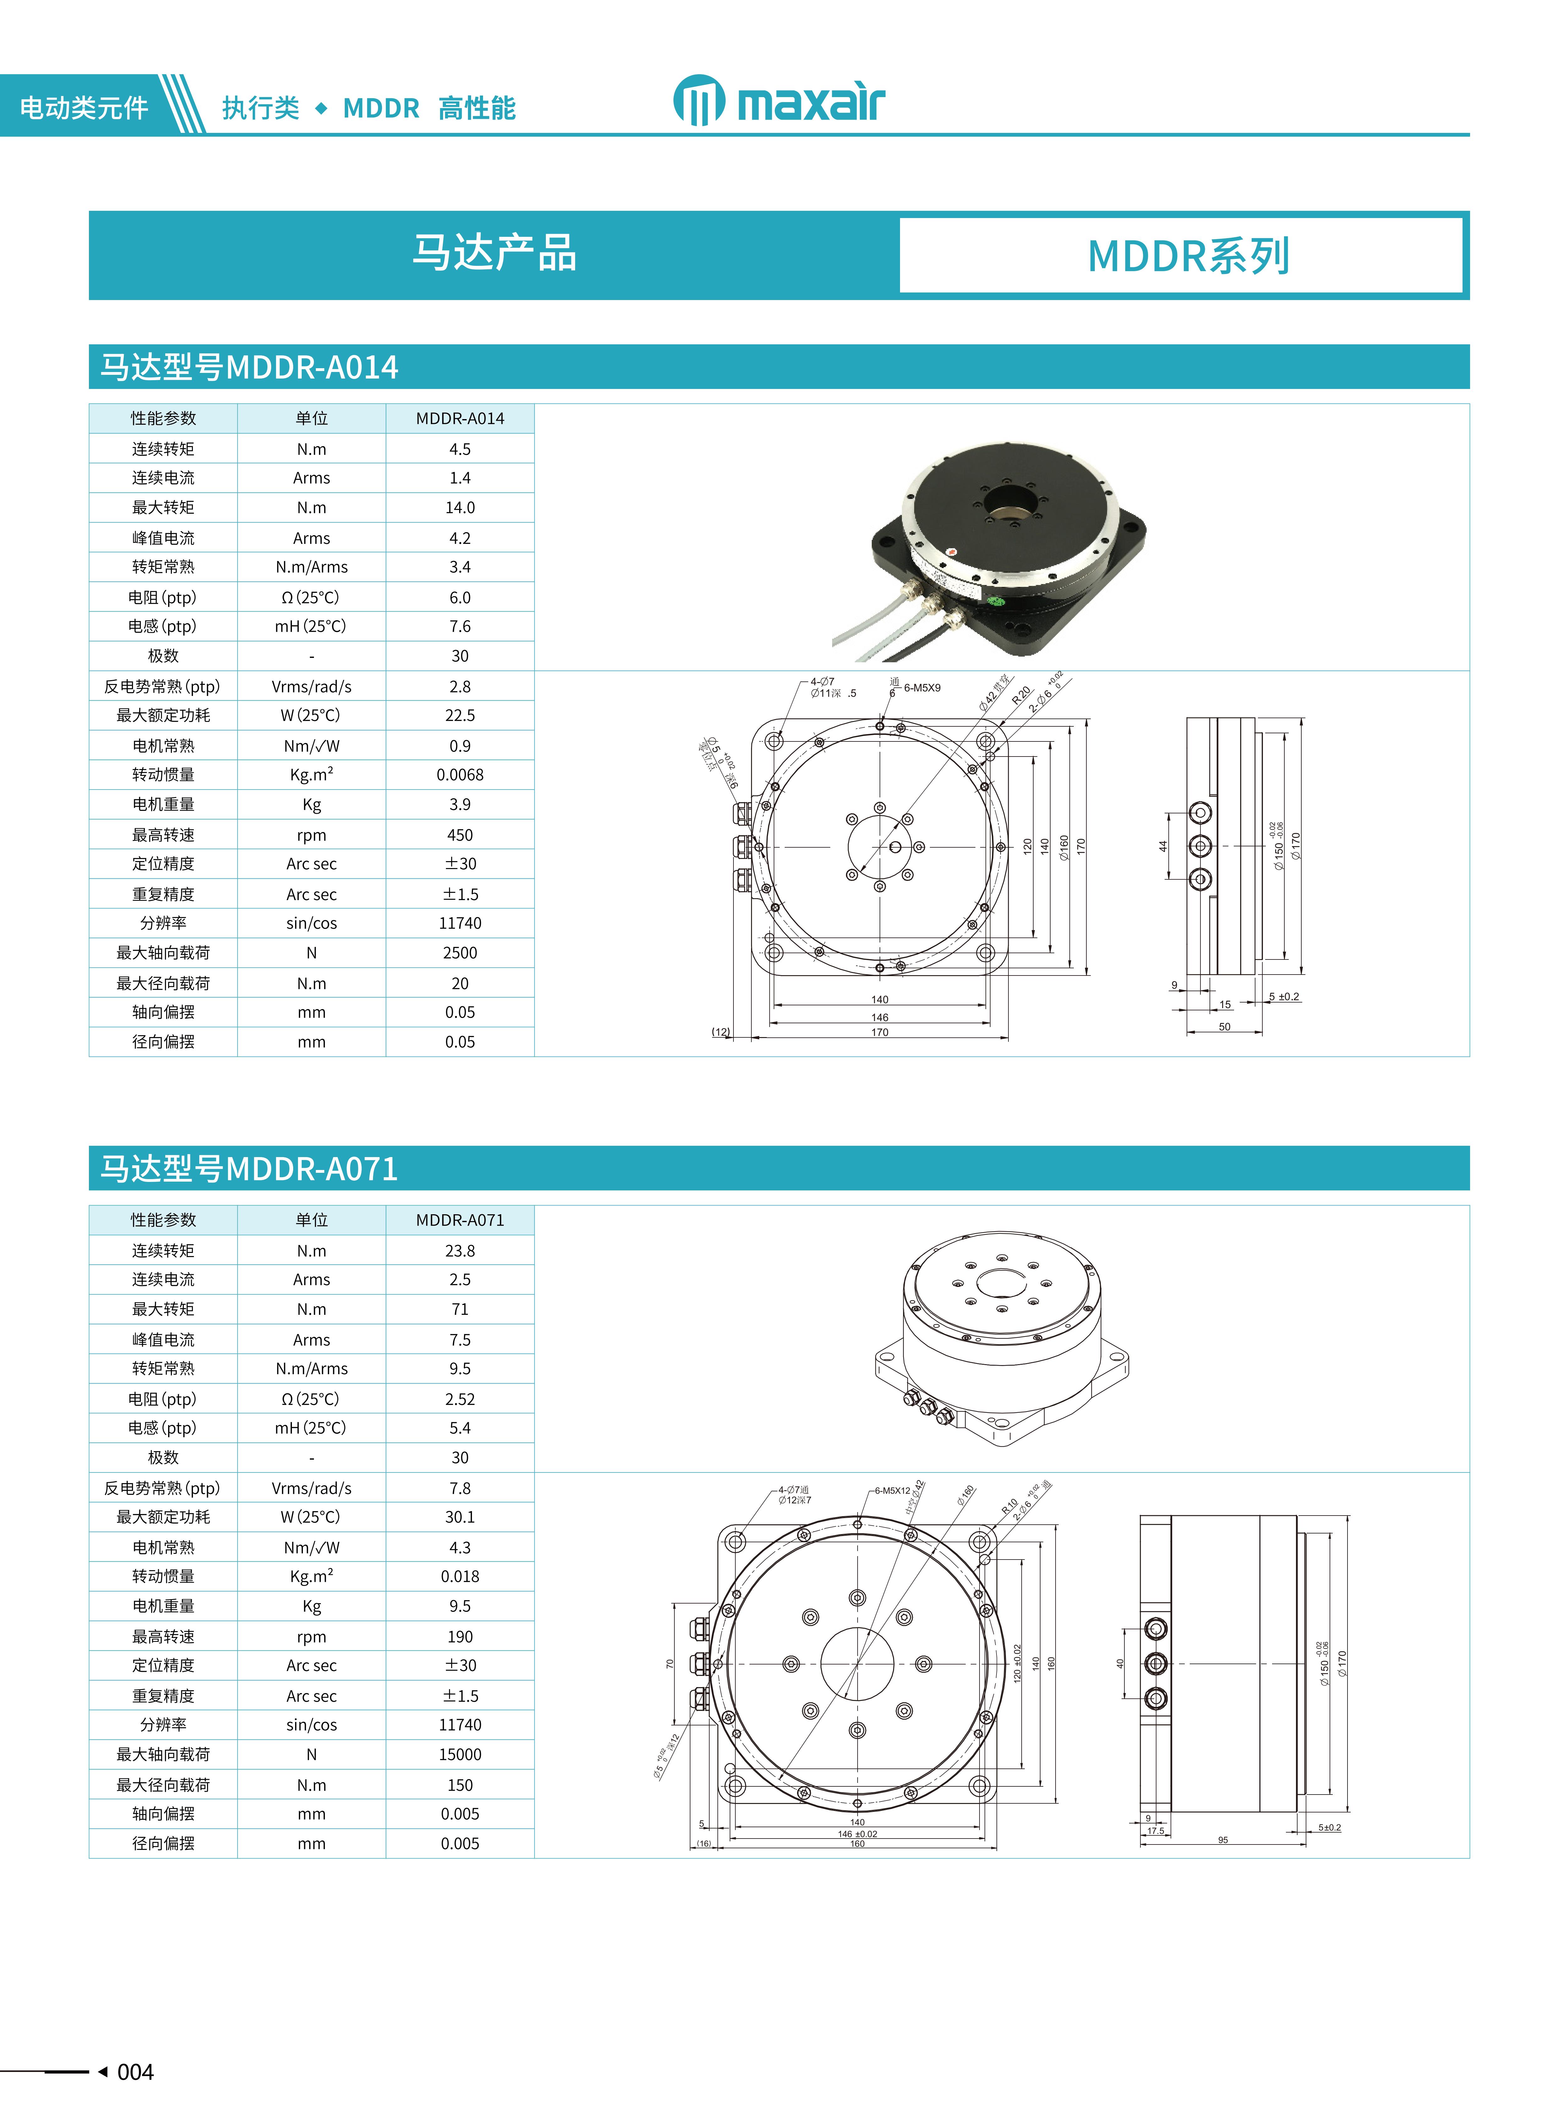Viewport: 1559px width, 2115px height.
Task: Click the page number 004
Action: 135,2072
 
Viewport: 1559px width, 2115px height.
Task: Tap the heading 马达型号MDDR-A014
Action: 249,367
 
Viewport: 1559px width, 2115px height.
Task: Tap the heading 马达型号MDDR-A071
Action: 249,1169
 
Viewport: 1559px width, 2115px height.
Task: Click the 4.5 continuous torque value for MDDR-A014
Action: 459,449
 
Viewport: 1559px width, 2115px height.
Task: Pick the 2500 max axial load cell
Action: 459,953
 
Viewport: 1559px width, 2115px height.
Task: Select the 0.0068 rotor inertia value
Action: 459,774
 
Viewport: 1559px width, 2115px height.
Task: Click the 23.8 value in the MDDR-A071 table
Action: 459,1251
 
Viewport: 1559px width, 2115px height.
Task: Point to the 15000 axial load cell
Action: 459,1755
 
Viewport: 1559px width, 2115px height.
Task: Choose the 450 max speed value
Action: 459,835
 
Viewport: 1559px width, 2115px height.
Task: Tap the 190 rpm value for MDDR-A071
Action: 459,1637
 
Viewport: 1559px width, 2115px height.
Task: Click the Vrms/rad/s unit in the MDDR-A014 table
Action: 311,687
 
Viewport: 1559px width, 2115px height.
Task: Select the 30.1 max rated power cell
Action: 459,1517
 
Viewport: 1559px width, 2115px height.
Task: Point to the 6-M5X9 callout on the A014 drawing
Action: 922,688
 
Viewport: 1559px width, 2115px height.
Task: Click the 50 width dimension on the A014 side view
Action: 1224,1026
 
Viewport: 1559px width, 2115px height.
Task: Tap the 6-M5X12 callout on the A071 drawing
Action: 892,1490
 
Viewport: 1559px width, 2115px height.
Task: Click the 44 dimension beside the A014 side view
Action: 1163,846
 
